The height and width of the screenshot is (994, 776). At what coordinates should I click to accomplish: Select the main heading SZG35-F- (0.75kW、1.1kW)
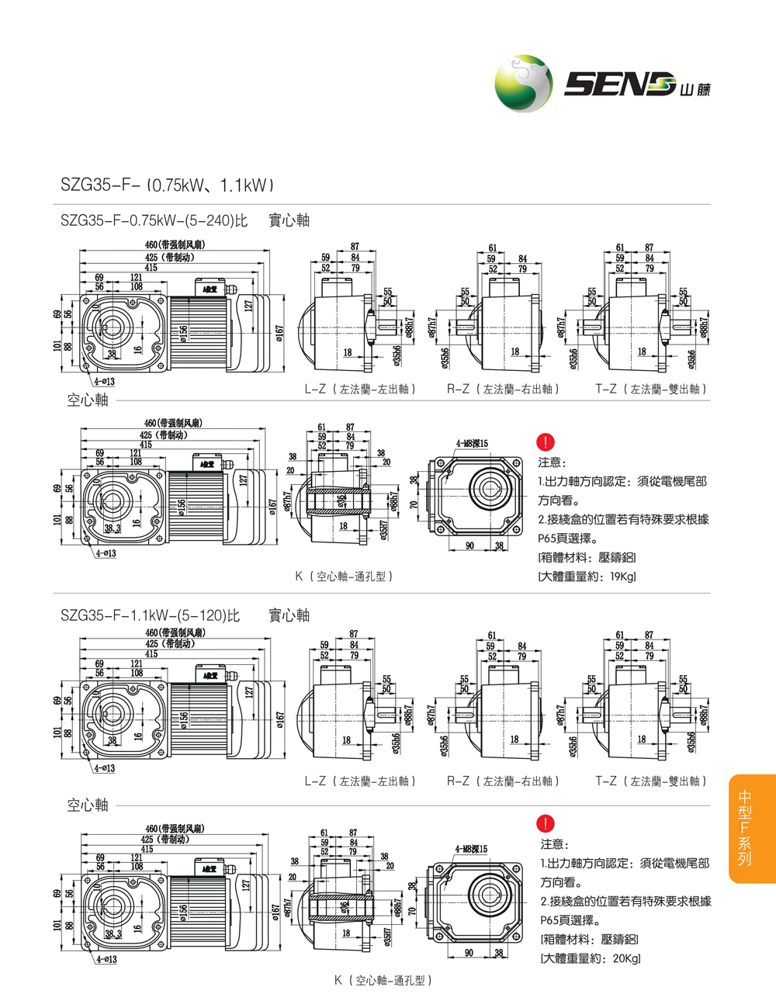pyautogui.click(x=167, y=185)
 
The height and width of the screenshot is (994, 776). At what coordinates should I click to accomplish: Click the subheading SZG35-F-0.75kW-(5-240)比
pyautogui.click(x=154, y=221)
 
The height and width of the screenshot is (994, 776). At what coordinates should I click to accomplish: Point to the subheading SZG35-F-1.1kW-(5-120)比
pyautogui.click(x=151, y=616)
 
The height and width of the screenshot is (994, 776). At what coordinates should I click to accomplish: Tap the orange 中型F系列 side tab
pyautogui.click(x=745, y=828)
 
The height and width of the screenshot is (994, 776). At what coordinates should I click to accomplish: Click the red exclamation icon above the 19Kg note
pyautogui.click(x=546, y=442)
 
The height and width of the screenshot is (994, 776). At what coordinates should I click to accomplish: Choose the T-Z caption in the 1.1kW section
pyautogui.click(x=651, y=781)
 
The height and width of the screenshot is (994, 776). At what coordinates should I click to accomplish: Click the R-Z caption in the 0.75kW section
pyautogui.click(x=502, y=389)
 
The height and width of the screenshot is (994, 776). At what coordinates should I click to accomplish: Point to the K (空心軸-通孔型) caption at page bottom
pyautogui.click(x=383, y=980)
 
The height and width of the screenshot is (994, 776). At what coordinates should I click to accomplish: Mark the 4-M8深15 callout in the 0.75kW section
pyautogui.click(x=472, y=444)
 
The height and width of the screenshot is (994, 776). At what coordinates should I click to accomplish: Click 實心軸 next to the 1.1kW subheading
pyautogui.click(x=289, y=616)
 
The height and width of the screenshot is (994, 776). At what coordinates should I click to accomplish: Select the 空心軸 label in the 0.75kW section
pyautogui.click(x=87, y=400)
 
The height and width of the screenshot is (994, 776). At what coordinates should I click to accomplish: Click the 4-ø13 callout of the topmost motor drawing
pyautogui.click(x=105, y=381)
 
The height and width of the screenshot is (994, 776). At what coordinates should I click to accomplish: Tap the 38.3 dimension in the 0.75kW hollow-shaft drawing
pyautogui.click(x=113, y=528)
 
